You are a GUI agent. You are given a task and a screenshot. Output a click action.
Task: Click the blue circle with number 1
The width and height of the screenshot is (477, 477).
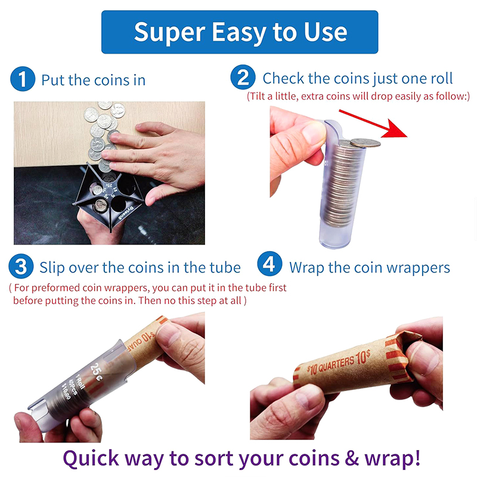point(23,79)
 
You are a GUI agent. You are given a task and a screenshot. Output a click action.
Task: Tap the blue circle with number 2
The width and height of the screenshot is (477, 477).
point(243,78)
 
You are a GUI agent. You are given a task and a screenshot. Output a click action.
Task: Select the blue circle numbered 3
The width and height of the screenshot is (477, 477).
point(21,266)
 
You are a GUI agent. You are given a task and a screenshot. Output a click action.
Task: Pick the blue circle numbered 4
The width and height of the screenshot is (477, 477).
point(270,264)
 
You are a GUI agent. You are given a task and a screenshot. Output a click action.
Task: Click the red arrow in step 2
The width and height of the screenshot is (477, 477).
point(373,123)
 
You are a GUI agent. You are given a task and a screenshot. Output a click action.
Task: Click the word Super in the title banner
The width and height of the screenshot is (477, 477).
point(170,33)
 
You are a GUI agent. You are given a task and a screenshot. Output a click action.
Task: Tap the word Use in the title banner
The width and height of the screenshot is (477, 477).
point(326,32)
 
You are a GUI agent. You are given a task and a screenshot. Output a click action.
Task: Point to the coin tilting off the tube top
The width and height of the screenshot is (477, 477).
point(365,143)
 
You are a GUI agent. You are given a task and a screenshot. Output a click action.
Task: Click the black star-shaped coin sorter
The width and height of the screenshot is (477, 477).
point(108,196)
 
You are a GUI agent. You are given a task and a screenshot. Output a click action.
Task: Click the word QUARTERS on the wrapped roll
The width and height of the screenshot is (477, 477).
point(336,364)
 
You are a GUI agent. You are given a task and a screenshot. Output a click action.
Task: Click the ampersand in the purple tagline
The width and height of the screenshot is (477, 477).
point(352,458)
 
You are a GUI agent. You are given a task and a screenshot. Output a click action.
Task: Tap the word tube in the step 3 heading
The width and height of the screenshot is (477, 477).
point(225,268)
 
